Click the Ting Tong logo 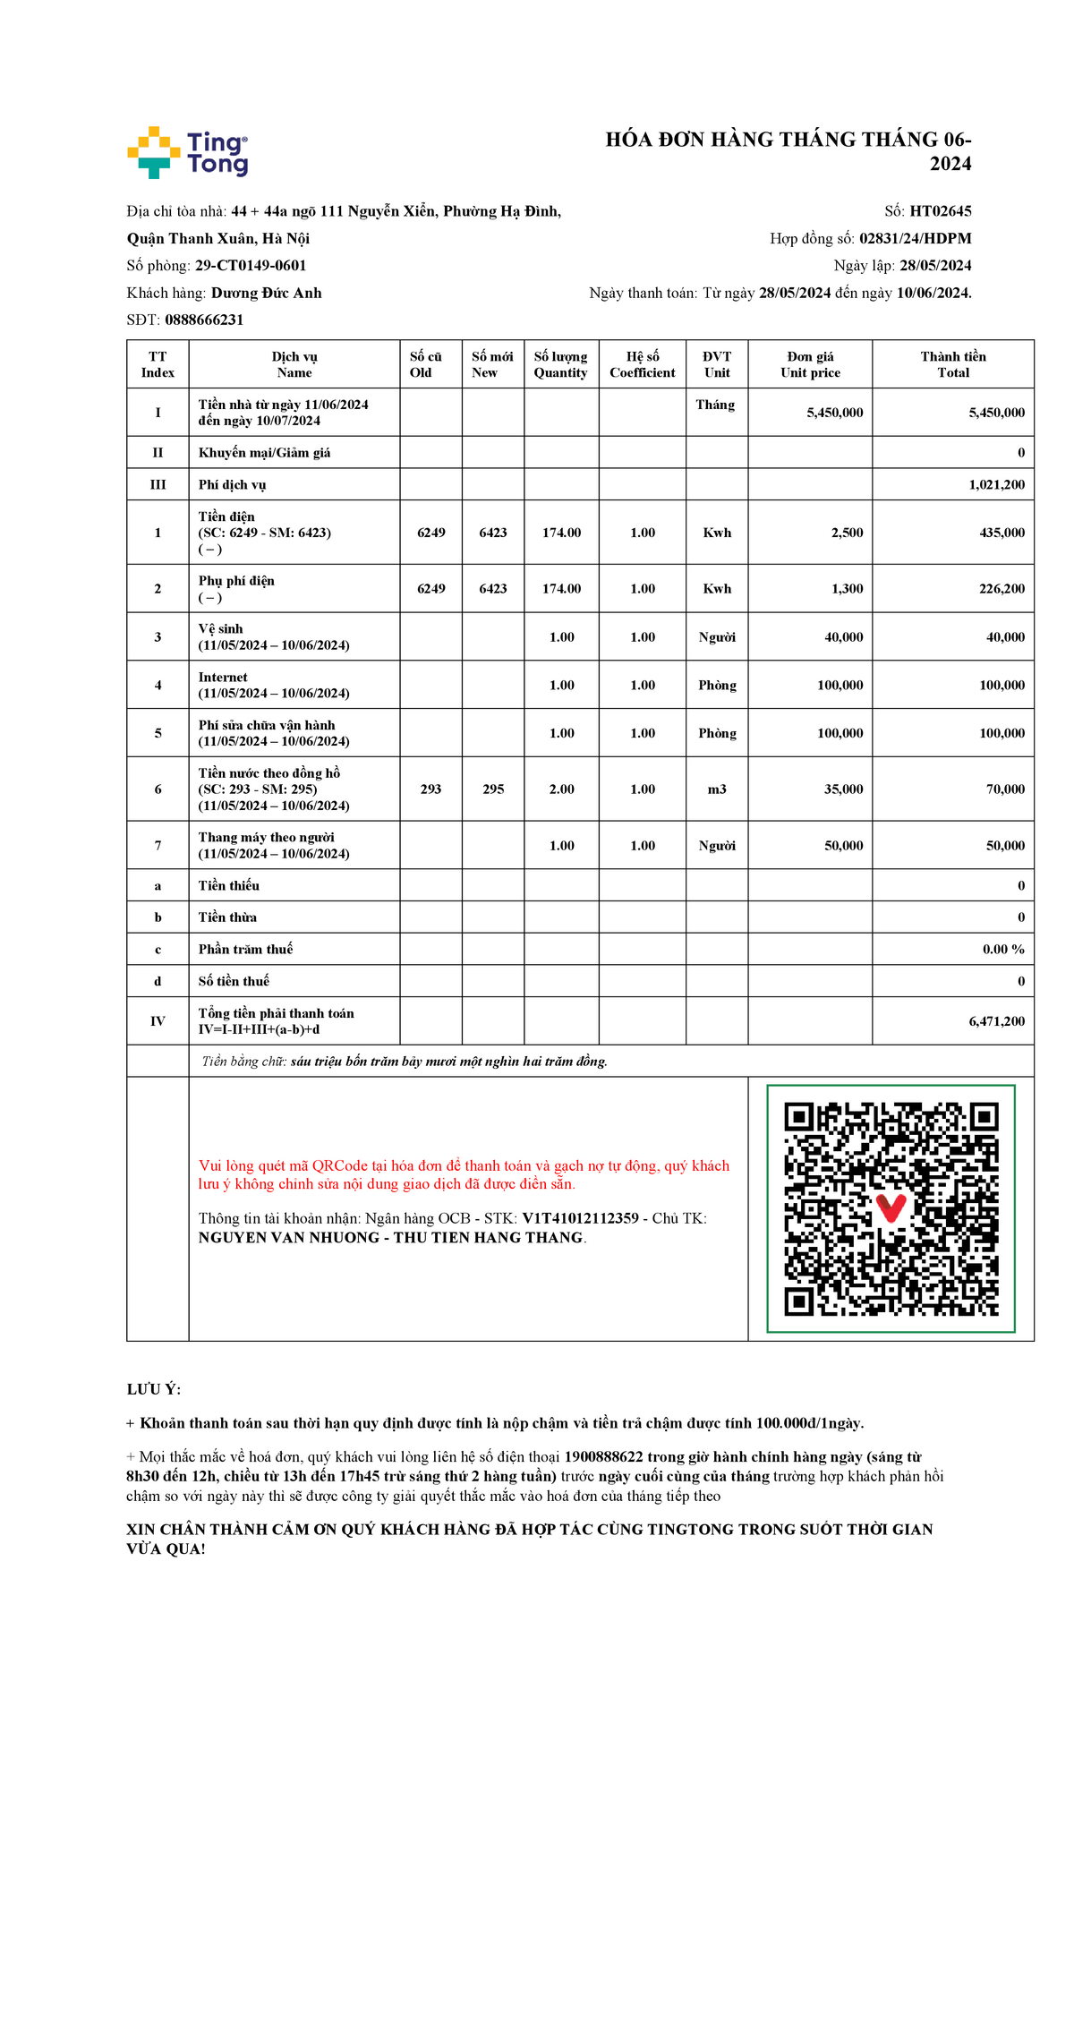[x=187, y=152]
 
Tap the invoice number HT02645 [x=940, y=211]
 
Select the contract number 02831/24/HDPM [x=915, y=238]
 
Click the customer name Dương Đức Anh [x=266, y=293]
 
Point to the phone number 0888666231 [x=204, y=320]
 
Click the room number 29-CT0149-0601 [x=251, y=266]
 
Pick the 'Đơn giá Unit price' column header [x=810, y=364]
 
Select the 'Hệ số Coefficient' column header [x=642, y=364]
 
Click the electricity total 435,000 [x=1002, y=533]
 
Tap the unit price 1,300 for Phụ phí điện [x=847, y=589]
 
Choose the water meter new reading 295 [x=493, y=789]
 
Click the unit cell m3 [x=717, y=789]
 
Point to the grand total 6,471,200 [x=996, y=1021]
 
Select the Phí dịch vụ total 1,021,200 [x=996, y=485]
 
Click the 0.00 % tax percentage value [x=1002, y=950]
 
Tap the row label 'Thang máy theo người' [x=266, y=838]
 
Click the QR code [x=891, y=1208]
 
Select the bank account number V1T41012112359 [x=580, y=1218]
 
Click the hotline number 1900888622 [x=603, y=1457]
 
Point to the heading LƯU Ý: [x=154, y=1390]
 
